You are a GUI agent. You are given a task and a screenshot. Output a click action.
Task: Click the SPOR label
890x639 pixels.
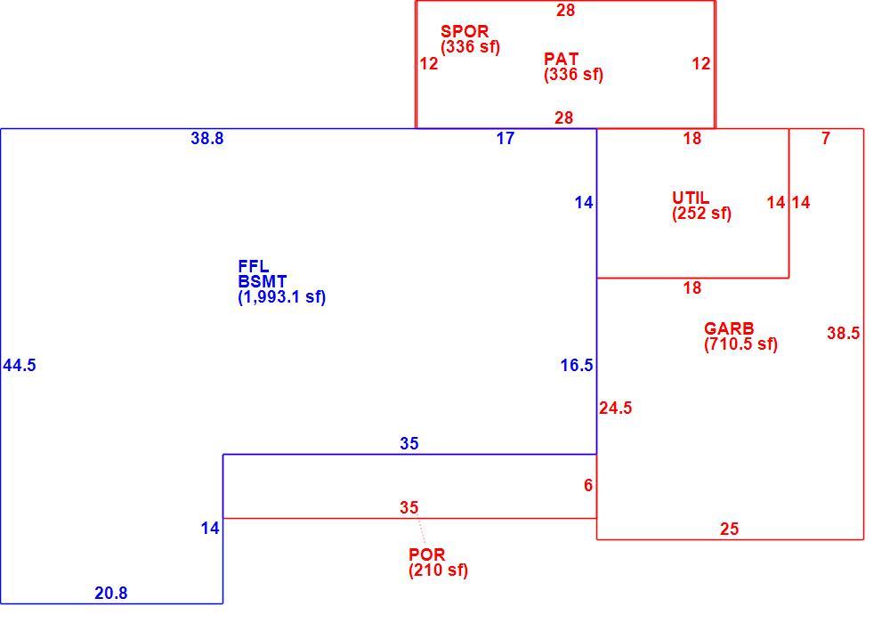465,31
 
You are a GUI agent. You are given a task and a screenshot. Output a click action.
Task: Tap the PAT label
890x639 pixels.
561,59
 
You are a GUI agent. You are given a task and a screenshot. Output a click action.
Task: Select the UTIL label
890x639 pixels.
691,198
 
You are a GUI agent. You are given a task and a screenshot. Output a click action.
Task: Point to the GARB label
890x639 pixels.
729,328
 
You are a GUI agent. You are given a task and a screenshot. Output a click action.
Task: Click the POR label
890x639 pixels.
427,554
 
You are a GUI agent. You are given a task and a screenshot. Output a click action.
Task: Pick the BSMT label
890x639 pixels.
263,281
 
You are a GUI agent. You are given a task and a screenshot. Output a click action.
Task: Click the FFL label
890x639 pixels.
253,266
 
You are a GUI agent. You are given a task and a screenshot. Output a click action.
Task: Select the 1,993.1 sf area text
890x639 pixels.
282,297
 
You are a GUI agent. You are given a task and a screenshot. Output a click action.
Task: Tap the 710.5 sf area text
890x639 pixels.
740,344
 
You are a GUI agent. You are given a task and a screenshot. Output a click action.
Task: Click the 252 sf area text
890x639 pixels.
701,214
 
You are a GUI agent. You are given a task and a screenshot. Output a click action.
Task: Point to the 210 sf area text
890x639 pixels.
438,570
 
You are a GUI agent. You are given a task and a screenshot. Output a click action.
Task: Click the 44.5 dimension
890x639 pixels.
20,366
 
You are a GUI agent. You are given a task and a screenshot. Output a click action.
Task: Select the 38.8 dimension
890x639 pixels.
207,139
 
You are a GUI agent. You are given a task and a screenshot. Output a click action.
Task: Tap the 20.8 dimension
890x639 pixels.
110,593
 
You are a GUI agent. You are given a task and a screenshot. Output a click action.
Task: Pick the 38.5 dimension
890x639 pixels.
843,333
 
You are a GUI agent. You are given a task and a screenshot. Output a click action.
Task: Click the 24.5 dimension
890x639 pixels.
616,408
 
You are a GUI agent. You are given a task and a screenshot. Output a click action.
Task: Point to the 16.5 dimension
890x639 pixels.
577,366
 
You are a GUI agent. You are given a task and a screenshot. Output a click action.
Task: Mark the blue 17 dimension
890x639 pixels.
506,139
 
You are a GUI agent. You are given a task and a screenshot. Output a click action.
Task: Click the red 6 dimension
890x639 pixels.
588,485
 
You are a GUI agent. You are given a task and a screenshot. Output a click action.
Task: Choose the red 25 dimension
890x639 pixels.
730,529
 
